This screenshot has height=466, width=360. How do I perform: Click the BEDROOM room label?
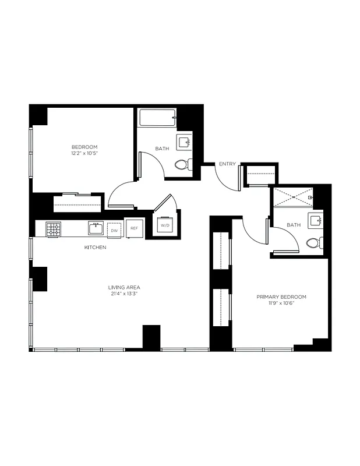[84, 147]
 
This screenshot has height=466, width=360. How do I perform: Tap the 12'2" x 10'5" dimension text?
[84, 153]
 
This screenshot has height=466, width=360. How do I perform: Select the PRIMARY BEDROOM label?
[281, 296]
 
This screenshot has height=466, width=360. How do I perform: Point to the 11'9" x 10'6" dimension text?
[281, 303]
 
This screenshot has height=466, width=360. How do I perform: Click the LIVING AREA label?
[123, 287]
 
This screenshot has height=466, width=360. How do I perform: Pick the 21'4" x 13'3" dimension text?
[123, 294]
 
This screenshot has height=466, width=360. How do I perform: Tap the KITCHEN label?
[96, 248]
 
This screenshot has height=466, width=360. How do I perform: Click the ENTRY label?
[227, 164]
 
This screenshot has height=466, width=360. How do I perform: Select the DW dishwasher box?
[115, 230]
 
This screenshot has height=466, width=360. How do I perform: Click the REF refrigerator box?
[134, 228]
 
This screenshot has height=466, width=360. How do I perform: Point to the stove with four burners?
[54, 230]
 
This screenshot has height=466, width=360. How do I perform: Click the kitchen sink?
[95, 228]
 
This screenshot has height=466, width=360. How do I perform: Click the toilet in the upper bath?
[182, 165]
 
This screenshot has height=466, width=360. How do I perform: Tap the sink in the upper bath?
[185, 142]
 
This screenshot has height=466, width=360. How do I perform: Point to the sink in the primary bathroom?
[316, 220]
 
